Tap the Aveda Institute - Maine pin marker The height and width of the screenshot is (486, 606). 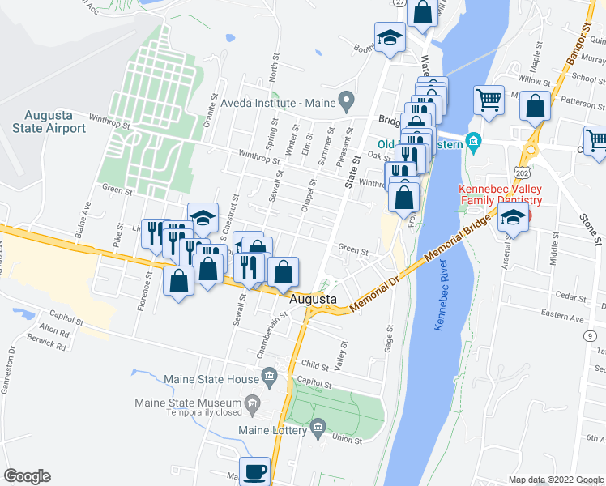[348, 103]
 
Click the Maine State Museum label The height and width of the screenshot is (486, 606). [203, 403]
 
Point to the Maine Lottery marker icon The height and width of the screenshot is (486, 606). [318, 427]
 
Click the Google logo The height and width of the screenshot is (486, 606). [27, 476]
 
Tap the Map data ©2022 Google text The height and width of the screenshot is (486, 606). [556, 480]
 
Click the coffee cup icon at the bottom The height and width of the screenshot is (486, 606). [256, 470]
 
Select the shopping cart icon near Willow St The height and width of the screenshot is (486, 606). [489, 100]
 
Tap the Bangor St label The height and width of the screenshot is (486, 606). [575, 51]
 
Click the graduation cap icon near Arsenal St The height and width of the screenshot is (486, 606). [512, 216]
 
